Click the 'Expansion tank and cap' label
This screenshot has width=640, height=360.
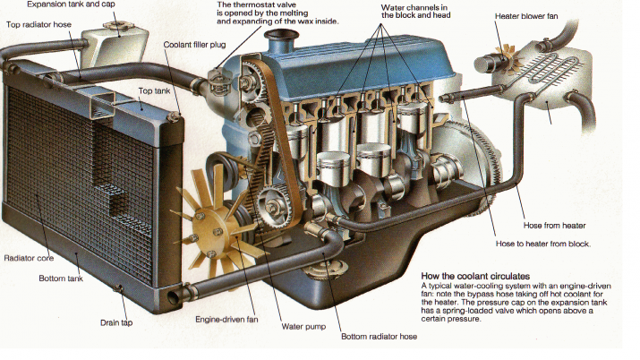click(65, 4)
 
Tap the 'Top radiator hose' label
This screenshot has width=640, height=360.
click(40, 24)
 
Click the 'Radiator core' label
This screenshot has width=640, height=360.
click(28, 258)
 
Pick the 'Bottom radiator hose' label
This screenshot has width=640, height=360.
click(380, 338)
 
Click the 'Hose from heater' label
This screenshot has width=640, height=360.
click(549, 225)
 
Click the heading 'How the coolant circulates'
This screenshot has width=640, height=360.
click(474, 276)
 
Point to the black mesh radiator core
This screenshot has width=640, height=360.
click(63, 161)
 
